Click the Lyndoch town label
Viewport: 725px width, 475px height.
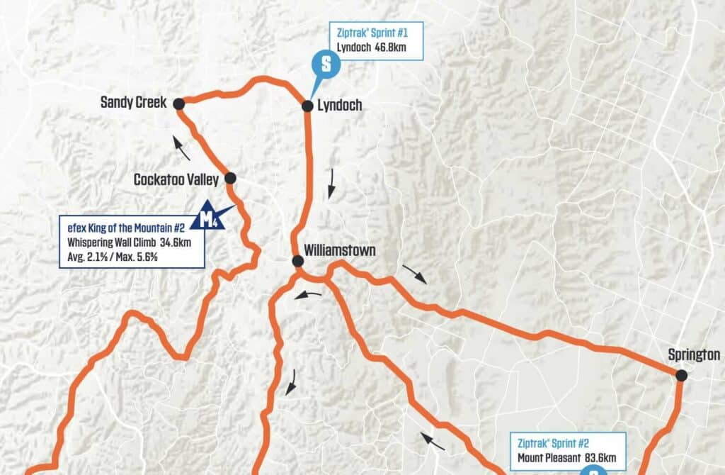[339, 106]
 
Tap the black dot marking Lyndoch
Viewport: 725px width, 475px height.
[307, 106]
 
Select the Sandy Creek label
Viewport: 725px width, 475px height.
[133, 103]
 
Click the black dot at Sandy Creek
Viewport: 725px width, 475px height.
[179, 104]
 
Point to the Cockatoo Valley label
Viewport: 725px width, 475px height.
[176, 180]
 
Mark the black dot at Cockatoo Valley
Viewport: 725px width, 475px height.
[229, 178]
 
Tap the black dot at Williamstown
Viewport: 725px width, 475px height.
[298, 262]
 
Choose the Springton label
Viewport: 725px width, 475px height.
[694, 354]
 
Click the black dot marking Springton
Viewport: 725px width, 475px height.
[681, 375]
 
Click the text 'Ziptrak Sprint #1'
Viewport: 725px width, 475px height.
[375, 32]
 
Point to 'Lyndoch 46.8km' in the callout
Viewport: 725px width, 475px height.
[375, 49]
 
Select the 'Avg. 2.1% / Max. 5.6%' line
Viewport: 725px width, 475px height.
[108, 257]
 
